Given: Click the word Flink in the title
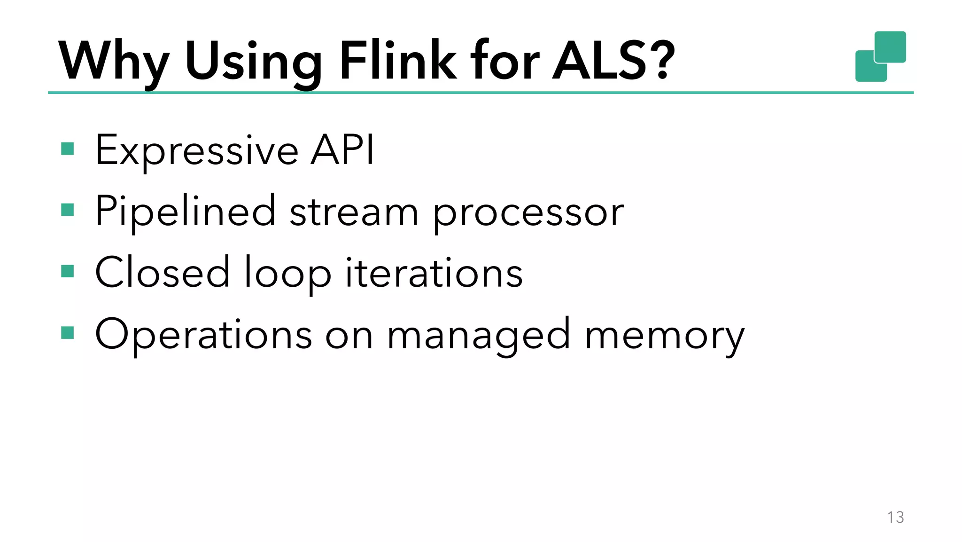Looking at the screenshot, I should pyautogui.click(x=397, y=61).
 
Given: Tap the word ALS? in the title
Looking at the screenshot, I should pyautogui.click(x=613, y=61).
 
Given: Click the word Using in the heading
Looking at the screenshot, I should pyautogui.click(x=254, y=63).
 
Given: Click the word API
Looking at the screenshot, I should pyautogui.click(x=342, y=150).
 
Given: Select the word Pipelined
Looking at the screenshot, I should pyautogui.click(x=185, y=212).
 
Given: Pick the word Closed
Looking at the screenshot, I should pyautogui.click(x=163, y=273).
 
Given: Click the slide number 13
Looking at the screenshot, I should pyautogui.click(x=895, y=517).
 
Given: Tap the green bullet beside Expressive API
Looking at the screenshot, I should pyautogui.click(x=68, y=149).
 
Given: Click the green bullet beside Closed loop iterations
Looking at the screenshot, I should pyautogui.click(x=68, y=271).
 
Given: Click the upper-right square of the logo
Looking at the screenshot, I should pyautogui.click(x=890, y=46).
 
